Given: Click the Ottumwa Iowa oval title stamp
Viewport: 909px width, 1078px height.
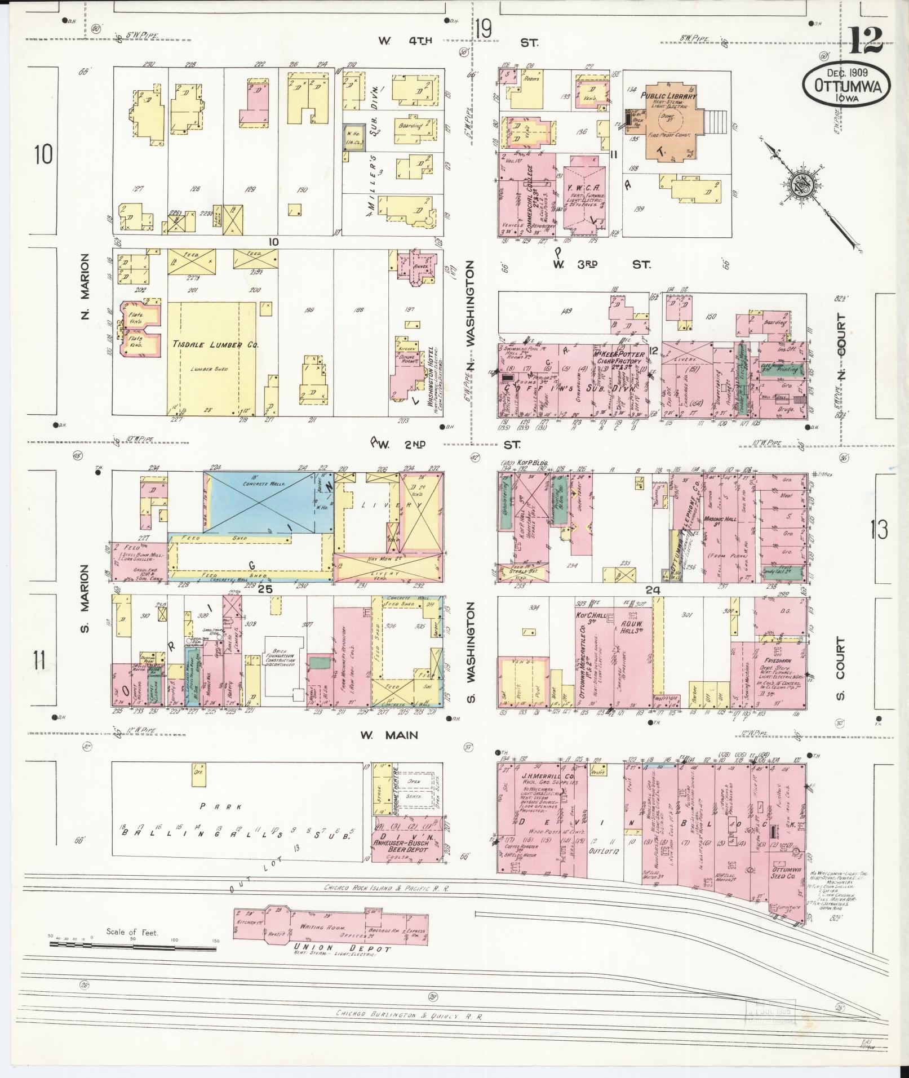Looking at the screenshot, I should (x=847, y=85).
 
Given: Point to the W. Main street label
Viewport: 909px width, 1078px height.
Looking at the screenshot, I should (x=390, y=735).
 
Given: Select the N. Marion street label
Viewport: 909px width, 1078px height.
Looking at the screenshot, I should (x=85, y=286).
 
